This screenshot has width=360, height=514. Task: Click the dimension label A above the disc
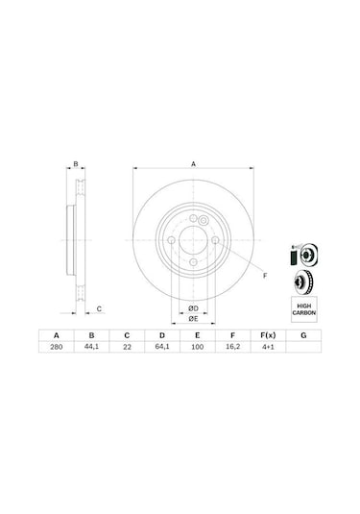[194, 165]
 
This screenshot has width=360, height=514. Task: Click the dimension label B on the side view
[76, 165]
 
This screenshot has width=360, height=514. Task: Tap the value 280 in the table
[56, 352]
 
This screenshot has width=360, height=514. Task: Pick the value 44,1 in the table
[91, 352]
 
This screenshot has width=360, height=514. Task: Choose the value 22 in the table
[127, 352]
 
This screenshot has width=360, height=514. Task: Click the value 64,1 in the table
[161, 352]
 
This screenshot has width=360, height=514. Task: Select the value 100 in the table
[197, 352]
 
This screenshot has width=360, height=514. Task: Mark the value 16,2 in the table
[231, 352]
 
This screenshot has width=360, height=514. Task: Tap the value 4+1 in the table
[267, 352]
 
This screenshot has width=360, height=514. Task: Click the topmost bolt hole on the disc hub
[194, 224]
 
